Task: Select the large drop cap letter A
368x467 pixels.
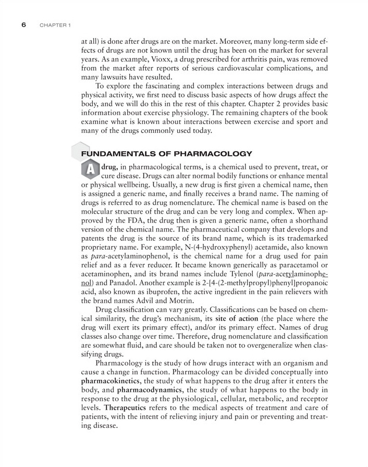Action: (x=91, y=169)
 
